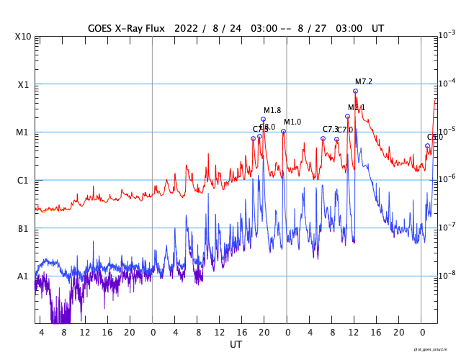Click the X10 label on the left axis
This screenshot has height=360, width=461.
click(x=22, y=36)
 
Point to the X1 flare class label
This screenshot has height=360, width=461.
click(x=24, y=84)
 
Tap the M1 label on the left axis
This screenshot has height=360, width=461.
click(x=24, y=132)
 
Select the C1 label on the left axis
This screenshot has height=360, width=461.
click(x=24, y=180)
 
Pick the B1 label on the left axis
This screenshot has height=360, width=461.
click(x=24, y=228)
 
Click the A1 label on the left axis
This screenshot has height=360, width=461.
click(x=24, y=276)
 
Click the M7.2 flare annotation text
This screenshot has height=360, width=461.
click(x=364, y=81)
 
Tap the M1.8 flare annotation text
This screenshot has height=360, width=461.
click(x=272, y=110)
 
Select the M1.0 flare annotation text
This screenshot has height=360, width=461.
click(x=292, y=122)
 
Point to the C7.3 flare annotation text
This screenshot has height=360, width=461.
click(x=330, y=129)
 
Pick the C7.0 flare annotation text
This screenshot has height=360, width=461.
click(x=345, y=130)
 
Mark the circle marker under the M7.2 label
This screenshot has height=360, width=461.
click(x=355, y=91)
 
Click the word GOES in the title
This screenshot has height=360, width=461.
click(x=101, y=28)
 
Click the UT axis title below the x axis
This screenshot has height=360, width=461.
click(x=236, y=345)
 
